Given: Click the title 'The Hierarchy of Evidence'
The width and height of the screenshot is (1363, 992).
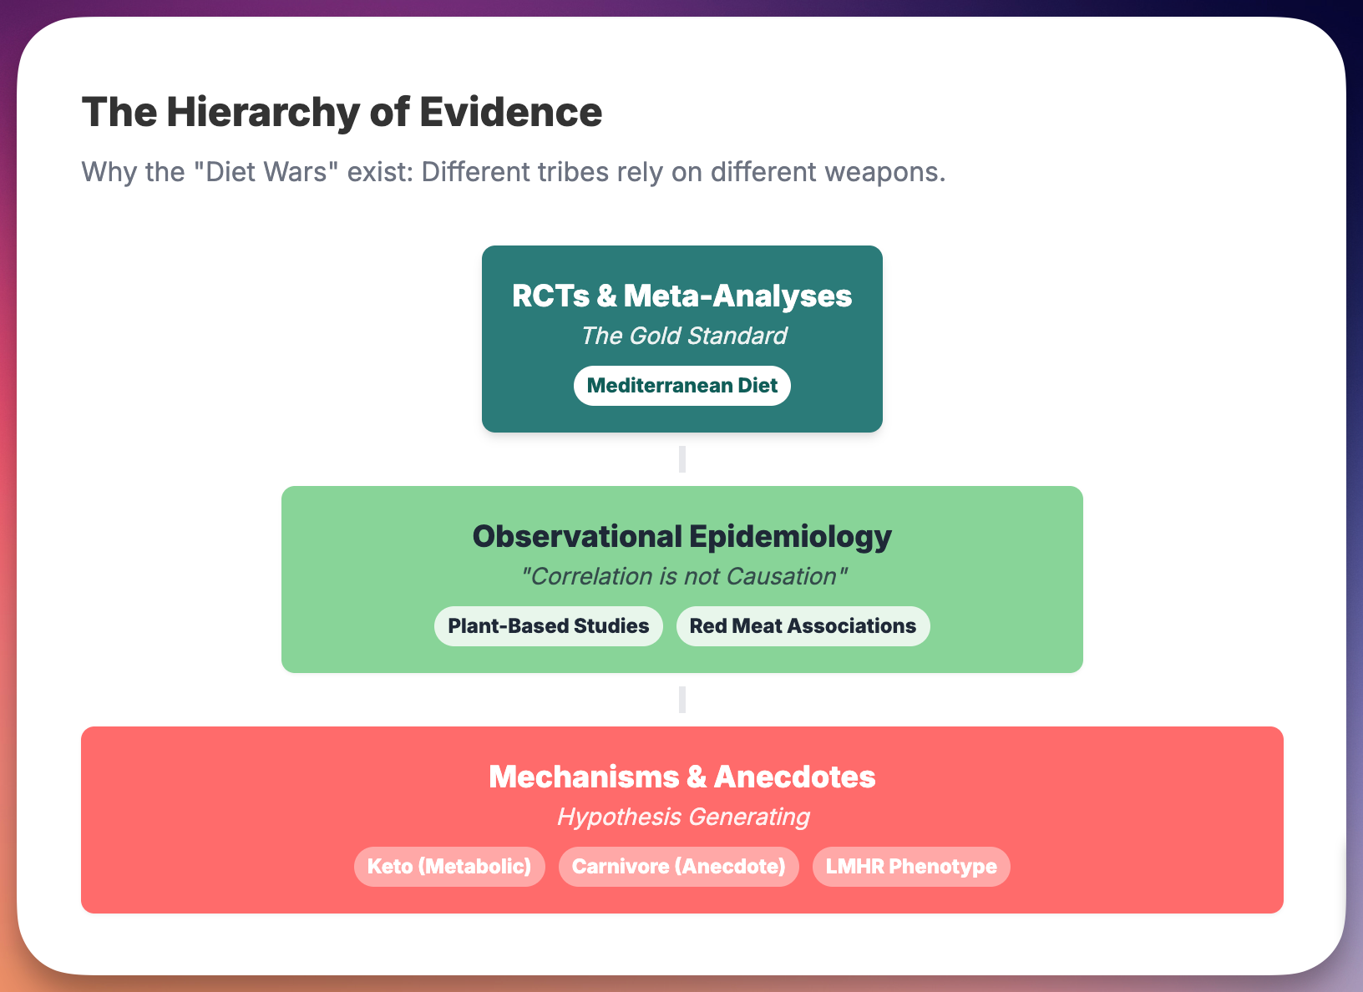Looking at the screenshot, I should pyautogui.click(x=342, y=112).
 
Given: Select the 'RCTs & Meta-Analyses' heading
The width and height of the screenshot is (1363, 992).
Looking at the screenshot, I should pyautogui.click(x=681, y=296).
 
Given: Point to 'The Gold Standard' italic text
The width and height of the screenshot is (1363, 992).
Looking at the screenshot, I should pyautogui.click(x=683, y=336).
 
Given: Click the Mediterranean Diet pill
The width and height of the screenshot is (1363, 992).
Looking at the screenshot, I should pyautogui.click(x=681, y=386).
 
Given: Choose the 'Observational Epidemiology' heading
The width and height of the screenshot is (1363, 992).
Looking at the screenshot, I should pyautogui.click(x=681, y=536).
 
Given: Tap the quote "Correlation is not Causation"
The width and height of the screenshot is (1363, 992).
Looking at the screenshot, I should pyautogui.click(x=683, y=576).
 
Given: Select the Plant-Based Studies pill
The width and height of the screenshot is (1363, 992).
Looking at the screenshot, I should pyautogui.click(x=548, y=626).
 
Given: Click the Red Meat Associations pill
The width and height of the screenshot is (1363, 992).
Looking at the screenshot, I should pyautogui.click(x=803, y=626).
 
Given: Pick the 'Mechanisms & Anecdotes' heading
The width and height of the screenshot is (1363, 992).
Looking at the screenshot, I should pyautogui.click(x=681, y=777).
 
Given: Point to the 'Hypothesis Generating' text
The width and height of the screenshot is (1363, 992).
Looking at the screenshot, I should pyautogui.click(x=683, y=817).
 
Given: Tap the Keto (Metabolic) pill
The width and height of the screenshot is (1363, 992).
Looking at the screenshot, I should pyautogui.click(x=449, y=867).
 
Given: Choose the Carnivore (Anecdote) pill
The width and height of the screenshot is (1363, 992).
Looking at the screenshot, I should pyautogui.click(x=678, y=867).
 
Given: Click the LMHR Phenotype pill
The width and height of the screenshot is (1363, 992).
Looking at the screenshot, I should pyautogui.click(x=911, y=867).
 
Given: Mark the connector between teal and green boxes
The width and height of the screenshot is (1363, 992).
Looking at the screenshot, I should pyautogui.click(x=682, y=459).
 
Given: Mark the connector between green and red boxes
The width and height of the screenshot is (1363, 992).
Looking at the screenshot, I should pyautogui.click(x=682, y=700).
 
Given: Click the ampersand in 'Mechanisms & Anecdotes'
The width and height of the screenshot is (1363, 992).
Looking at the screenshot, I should pyautogui.click(x=697, y=777).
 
